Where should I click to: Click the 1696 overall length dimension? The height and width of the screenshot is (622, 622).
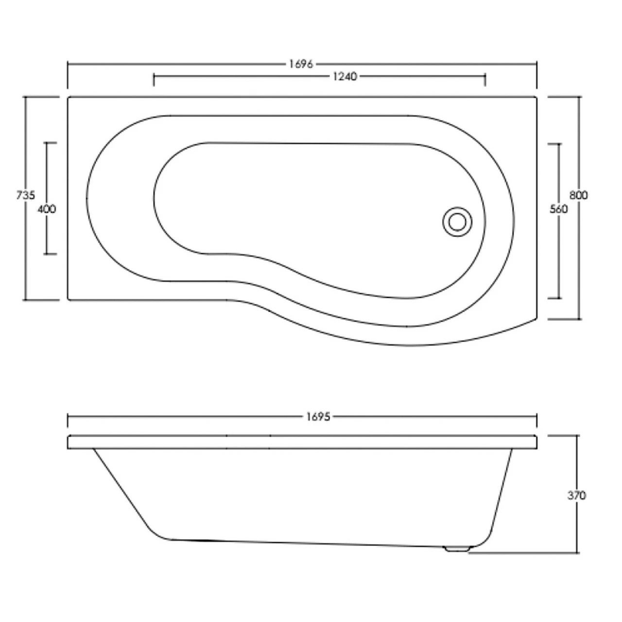pyautogui.click(x=301, y=64)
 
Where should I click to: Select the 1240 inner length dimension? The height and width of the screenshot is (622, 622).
pyautogui.click(x=345, y=76)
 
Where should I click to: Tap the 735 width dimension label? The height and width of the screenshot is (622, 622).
pyautogui.click(x=25, y=195)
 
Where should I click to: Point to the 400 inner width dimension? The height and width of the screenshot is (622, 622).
pyautogui.click(x=47, y=209)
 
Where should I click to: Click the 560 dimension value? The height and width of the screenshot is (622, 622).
pyautogui.click(x=558, y=209)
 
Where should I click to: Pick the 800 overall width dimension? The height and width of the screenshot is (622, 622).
pyautogui.click(x=579, y=195)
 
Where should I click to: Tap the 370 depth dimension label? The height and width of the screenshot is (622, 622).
pyautogui.click(x=577, y=496)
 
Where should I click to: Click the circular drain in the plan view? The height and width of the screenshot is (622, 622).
pyautogui.click(x=457, y=222)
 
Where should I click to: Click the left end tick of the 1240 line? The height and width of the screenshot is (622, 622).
pyautogui.click(x=154, y=80)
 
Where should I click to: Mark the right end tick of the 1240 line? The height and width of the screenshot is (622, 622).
pyautogui.click(x=485, y=80)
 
